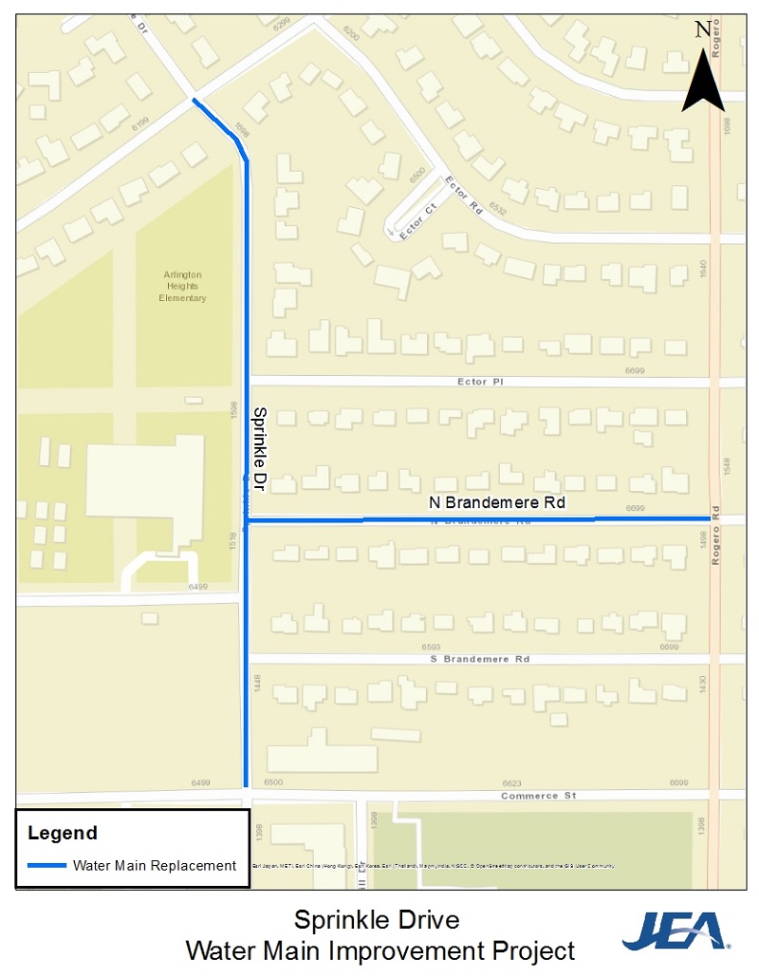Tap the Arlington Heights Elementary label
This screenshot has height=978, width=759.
point(182,287)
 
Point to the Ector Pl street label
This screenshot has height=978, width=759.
point(479,381)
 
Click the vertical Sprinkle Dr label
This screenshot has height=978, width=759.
point(258,448)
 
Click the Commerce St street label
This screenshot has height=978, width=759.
point(538,796)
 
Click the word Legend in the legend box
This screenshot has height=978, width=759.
point(63,834)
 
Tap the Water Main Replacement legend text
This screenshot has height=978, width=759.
point(155,865)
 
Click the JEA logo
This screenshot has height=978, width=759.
point(676,931)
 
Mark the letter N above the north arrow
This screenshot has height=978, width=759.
point(702,29)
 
